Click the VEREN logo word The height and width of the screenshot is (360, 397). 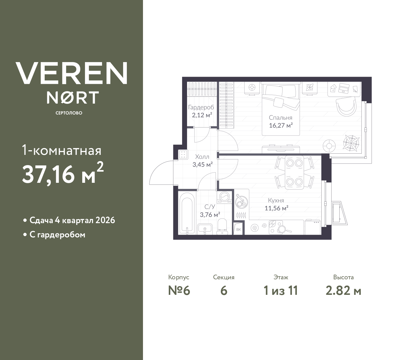click(71, 73)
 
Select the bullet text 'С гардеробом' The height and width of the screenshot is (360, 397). click(57, 235)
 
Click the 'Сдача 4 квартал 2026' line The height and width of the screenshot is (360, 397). click(72, 220)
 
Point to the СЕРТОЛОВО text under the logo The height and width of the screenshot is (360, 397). click(69, 113)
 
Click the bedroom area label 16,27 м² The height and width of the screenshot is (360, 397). click(280, 126)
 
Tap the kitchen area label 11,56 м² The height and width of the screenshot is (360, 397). click(276, 208)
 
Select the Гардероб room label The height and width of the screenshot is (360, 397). click(201, 108)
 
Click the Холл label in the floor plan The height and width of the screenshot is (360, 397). click(202, 157)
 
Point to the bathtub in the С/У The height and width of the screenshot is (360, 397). click(187, 213)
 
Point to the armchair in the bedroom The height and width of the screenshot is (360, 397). click(346, 106)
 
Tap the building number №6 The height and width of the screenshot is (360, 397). click(179, 291)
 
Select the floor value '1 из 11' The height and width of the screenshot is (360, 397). click(281, 291)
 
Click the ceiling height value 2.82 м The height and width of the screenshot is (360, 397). click(343, 291)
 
